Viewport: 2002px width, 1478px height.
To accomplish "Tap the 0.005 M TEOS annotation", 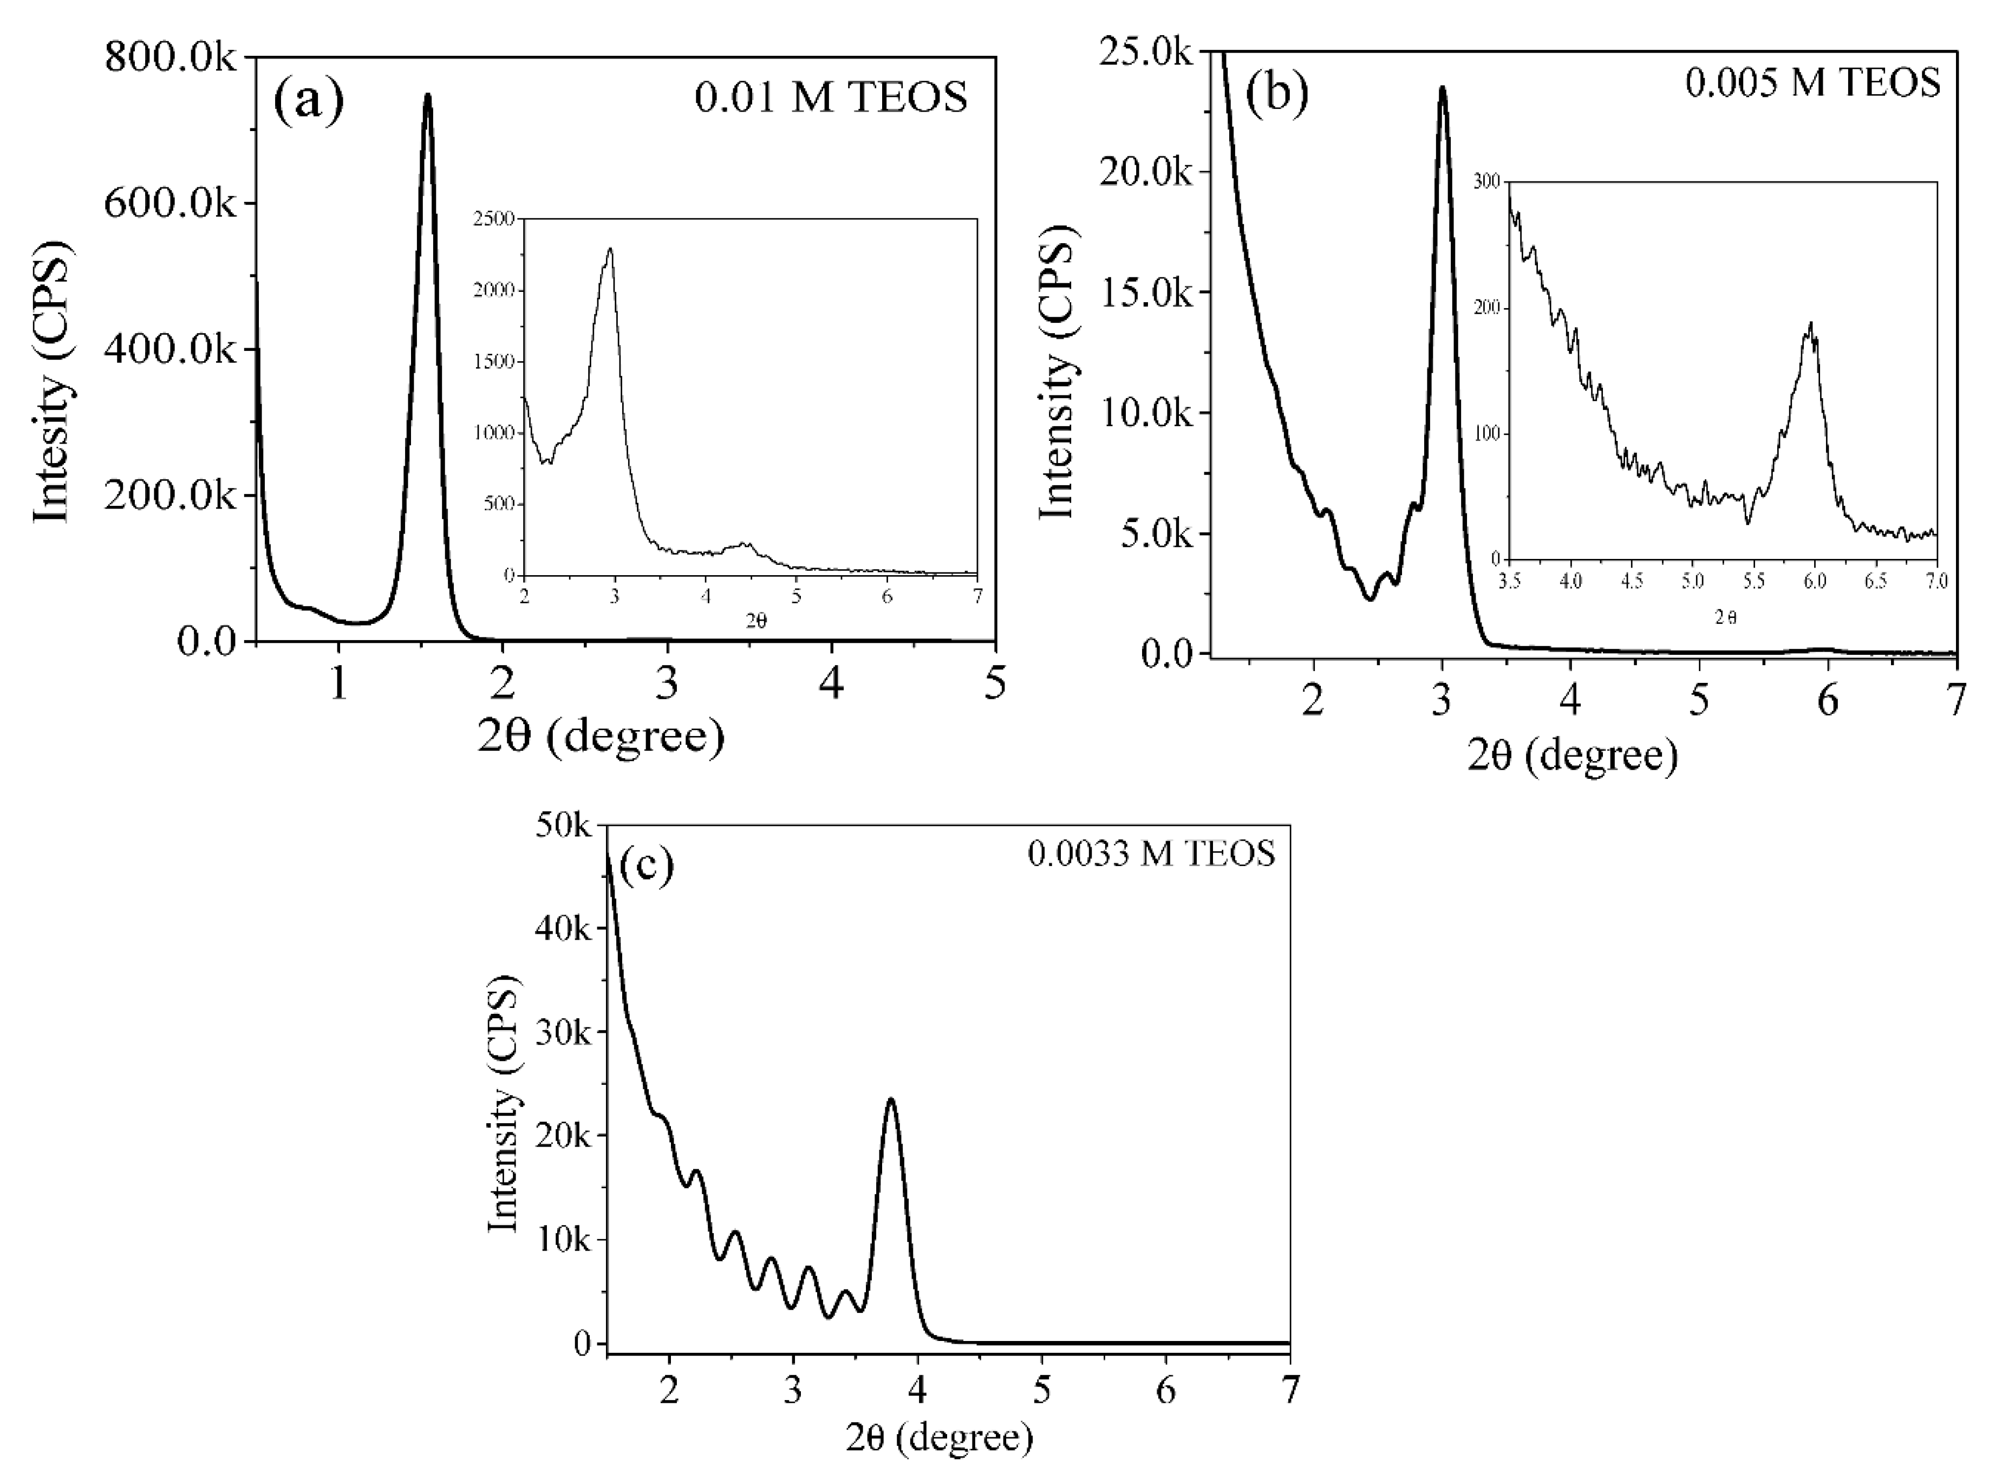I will tap(1811, 83).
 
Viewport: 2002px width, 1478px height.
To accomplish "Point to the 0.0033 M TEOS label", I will tap(1151, 855).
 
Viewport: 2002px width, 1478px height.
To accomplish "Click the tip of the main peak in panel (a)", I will tap(428, 95).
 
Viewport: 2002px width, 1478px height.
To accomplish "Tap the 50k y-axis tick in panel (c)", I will tap(564, 826).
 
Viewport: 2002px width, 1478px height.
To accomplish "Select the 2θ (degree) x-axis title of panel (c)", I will tap(940, 1438).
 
